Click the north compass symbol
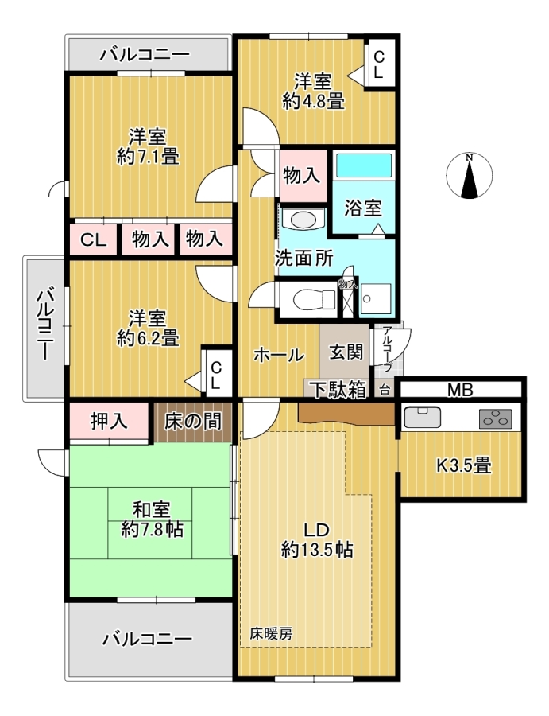470,176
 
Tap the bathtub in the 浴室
363,165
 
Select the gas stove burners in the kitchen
496,418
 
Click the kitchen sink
423,416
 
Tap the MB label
460,390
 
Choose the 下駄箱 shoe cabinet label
338,390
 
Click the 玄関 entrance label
346,352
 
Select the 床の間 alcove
193,421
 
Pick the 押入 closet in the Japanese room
109,421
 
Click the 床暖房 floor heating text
271,634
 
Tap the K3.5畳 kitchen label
464,465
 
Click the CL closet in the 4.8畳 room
379,64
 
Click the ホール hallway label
279,355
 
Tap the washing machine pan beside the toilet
375,299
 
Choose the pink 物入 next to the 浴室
301,176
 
